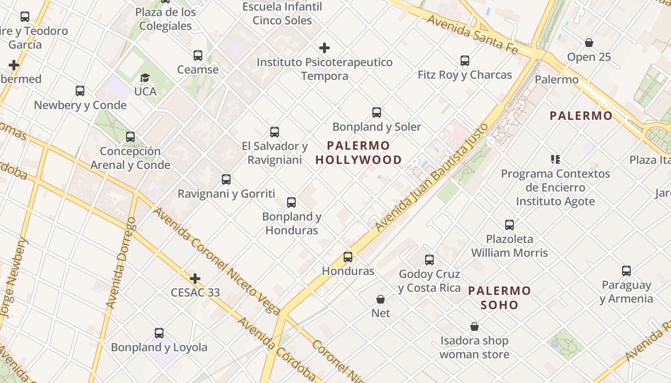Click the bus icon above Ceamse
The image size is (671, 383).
coord(198,56)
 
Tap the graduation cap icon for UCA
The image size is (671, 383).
coord(145,78)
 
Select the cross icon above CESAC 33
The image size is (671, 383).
coord(195,278)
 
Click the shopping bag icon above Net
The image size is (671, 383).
coord(381,299)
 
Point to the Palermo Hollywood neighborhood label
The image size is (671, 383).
coord(359,153)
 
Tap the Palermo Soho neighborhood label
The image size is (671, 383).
coord(499,297)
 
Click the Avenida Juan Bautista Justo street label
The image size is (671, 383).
coord(431,178)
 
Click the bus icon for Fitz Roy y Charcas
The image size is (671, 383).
coord(465,61)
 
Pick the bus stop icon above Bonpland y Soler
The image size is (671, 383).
coord(377,113)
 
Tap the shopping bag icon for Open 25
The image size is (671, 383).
coord(589,43)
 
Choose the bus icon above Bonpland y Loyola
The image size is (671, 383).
coord(159,333)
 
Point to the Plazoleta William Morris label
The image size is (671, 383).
coord(509,246)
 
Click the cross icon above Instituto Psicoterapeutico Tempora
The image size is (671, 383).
coord(324,48)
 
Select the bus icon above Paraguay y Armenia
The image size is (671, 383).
coord(626,271)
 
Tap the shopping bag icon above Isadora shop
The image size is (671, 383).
coord(474,327)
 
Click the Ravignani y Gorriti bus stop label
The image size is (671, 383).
coord(226,194)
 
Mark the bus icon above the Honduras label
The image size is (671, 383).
coord(348,257)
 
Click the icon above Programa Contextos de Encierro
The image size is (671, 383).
coord(555,159)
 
